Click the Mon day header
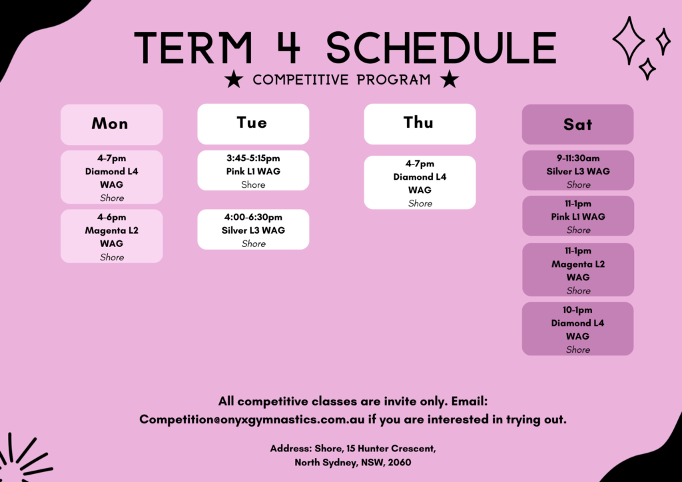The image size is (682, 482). (x=112, y=124)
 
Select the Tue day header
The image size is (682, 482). (x=253, y=124)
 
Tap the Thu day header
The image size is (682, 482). (x=420, y=124)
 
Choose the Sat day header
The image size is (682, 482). (x=577, y=124)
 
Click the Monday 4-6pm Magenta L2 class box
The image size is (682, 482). (x=112, y=236)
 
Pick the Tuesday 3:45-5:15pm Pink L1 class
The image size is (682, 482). (x=253, y=170)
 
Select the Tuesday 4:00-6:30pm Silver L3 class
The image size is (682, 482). (x=253, y=230)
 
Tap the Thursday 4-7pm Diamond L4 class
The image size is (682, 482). (x=420, y=182)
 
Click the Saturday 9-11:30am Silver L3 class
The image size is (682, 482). (x=577, y=170)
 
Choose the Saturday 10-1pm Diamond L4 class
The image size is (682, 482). (x=577, y=329)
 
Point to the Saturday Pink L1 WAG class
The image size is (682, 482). (x=577, y=216)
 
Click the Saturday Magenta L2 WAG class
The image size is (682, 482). (x=577, y=270)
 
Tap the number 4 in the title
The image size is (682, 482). (x=288, y=47)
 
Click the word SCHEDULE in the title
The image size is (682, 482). (x=442, y=47)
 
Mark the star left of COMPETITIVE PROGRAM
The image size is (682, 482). (x=234, y=79)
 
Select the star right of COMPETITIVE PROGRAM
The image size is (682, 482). (x=450, y=79)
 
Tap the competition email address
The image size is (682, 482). (x=252, y=419)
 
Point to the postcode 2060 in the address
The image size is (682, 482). (x=400, y=463)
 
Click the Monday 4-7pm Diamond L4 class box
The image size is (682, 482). (x=112, y=177)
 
